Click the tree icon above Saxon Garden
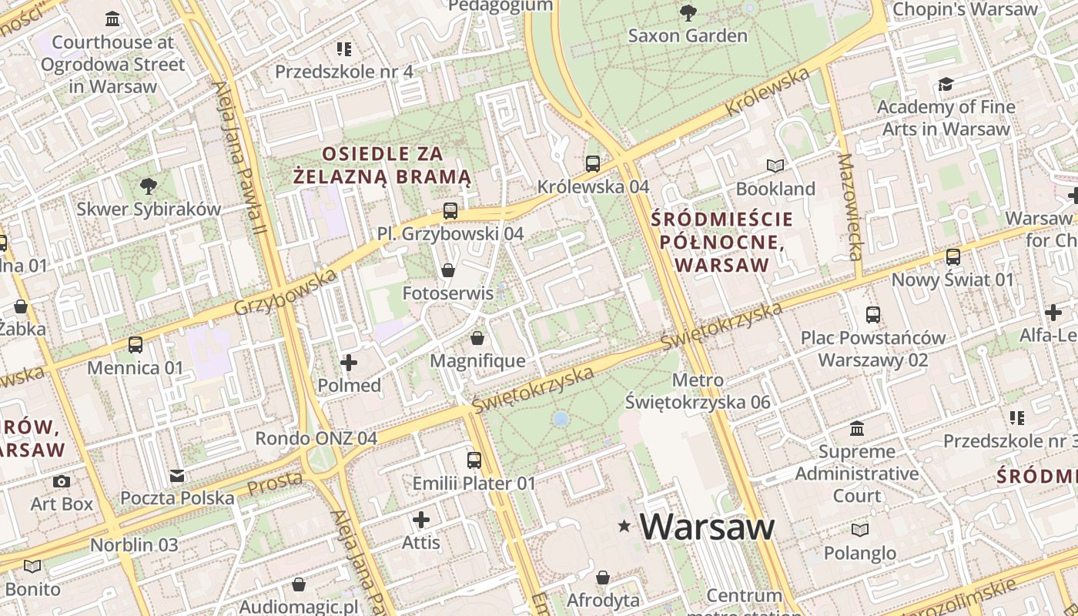coord(688,12)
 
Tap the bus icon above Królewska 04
coord(592,163)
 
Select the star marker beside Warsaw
coord(624,526)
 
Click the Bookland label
coord(775,189)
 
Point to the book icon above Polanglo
coord(859,530)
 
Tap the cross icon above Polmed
coord(349,362)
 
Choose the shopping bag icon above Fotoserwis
coord(447,270)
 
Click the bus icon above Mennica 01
coord(136,344)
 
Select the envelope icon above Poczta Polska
coord(177,476)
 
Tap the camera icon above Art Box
coord(62,481)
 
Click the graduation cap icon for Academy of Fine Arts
coord(946,84)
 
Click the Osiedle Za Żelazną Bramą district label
coord(383,165)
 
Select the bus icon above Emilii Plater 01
coord(474,460)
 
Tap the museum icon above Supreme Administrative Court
coord(857,428)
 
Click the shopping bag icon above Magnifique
coord(477,338)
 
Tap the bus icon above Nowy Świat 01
coord(953,256)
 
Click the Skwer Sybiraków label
coord(149,209)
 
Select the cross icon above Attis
coord(421,520)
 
